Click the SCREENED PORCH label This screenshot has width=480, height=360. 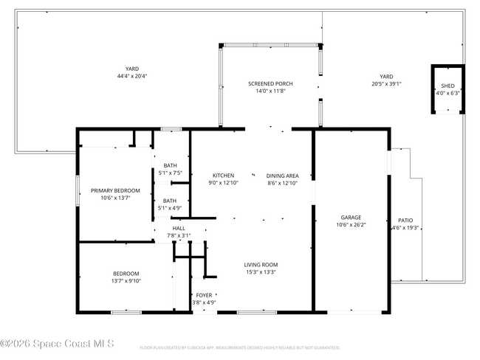click(270, 83)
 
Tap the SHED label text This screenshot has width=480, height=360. click(448, 86)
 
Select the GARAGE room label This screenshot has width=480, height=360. click(351, 218)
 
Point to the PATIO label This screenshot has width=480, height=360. click(405, 221)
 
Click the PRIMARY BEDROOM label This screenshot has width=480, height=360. click(115, 190)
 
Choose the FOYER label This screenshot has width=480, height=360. click(204, 295)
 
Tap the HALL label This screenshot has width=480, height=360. click(179, 229)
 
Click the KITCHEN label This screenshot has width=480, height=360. click(223, 176)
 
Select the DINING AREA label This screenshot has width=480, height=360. click(282, 176)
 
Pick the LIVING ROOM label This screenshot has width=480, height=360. click(261, 265)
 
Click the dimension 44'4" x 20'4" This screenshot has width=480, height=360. click(132, 76)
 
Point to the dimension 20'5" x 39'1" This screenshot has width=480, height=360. click(386, 83)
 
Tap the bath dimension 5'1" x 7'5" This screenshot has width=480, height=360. click(170, 173)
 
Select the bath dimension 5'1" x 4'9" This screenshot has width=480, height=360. click(170, 208)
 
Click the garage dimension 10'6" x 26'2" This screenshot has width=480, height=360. click(351, 225)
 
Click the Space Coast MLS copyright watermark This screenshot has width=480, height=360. click(58, 344)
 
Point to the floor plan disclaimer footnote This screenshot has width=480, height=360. click(239, 347)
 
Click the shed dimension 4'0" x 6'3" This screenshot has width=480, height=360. click(448, 94)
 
